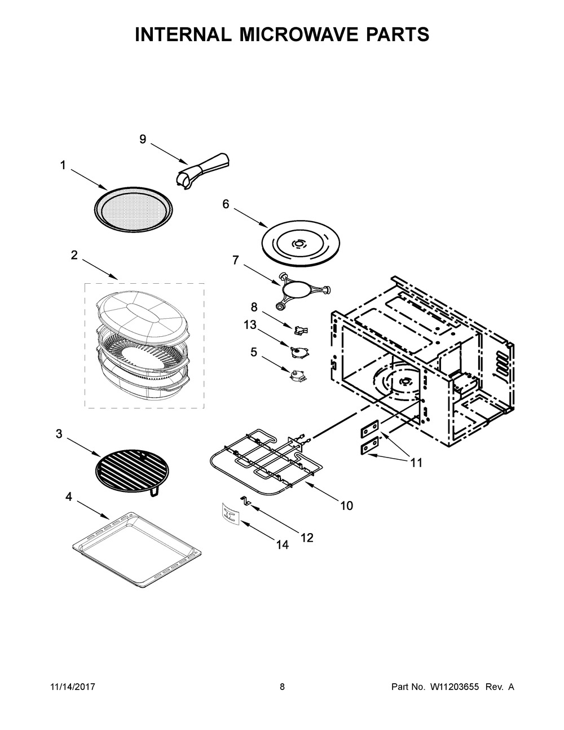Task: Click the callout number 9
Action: click(143, 139)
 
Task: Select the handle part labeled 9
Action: click(203, 166)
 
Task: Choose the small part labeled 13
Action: click(297, 351)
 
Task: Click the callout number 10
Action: click(346, 506)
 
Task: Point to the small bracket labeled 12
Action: click(246, 500)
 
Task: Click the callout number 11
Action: click(416, 463)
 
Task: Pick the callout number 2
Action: click(74, 255)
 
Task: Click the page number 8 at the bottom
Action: click(282, 687)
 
